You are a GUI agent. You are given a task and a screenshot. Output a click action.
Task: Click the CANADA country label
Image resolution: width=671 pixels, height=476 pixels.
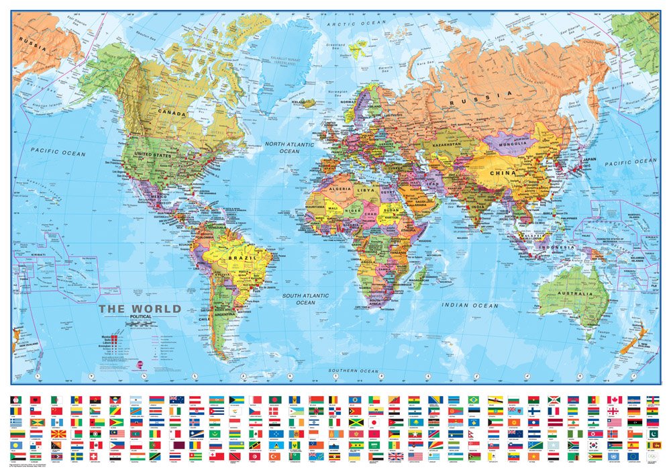coord(171,113)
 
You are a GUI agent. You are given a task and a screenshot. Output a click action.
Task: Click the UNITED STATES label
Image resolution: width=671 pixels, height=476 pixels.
coord(153,155)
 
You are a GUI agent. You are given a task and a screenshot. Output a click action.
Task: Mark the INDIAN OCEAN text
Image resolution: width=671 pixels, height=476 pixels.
coord(470,305)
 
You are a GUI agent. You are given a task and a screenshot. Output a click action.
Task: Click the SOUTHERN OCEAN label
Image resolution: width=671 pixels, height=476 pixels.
coord(354,371)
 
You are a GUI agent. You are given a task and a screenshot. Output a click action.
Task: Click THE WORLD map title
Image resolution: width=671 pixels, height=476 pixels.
coord(140,309)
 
